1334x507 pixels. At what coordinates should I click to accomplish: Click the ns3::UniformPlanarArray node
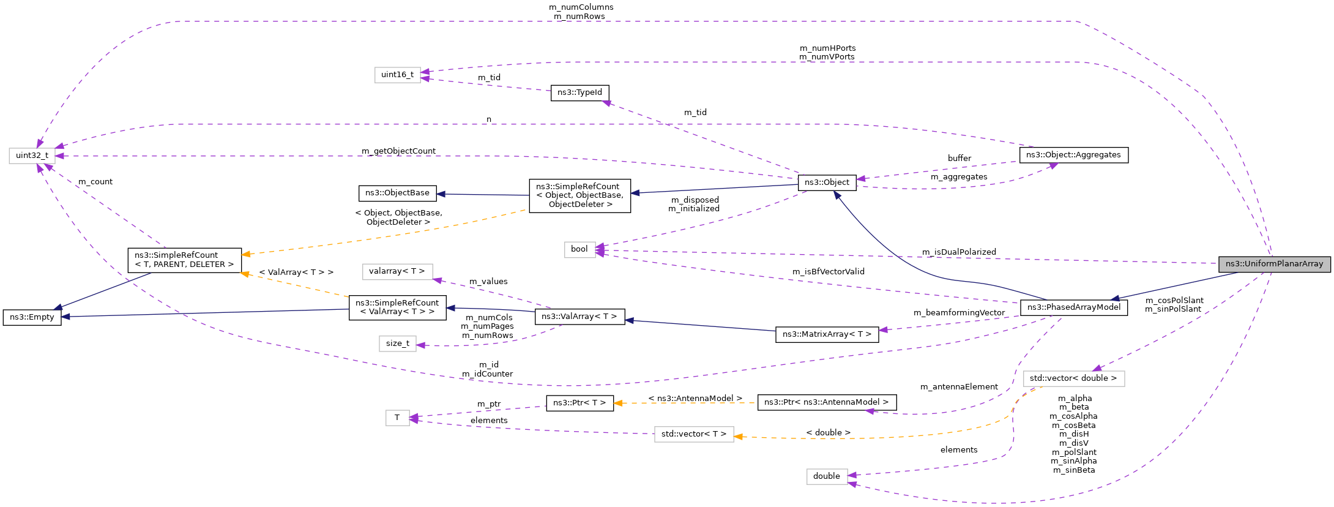pos(1274,264)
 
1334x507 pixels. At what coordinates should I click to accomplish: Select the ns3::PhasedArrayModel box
pos(1073,307)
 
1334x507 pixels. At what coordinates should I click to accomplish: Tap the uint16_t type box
pos(397,75)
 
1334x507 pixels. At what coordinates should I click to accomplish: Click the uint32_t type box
pos(32,156)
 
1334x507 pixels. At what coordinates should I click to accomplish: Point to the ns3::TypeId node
pos(579,92)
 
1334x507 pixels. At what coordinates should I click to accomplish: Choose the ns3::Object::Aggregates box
pos(1073,155)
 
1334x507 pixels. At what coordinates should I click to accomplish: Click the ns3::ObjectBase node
pos(397,193)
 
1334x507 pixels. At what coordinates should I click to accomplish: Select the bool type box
pos(579,249)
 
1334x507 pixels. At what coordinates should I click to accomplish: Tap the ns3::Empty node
pos(32,317)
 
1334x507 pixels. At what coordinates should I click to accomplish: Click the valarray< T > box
pos(397,271)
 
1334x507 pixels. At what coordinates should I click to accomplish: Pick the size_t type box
pos(397,344)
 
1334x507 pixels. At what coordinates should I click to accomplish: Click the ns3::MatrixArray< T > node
pos(827,334)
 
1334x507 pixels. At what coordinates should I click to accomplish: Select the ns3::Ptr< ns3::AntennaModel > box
pos(826,402)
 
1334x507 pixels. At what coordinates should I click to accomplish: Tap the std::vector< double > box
pos(1073,378)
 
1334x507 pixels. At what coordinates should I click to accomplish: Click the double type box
pos(826,476)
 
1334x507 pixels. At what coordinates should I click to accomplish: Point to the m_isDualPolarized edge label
pos(959,252)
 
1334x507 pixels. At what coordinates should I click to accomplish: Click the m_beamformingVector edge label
pos(959,313)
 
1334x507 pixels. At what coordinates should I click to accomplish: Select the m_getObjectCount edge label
pos(398,151)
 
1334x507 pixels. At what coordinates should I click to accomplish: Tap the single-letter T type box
pos(397,418)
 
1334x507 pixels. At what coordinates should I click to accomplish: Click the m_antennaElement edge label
pos(959,387)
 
